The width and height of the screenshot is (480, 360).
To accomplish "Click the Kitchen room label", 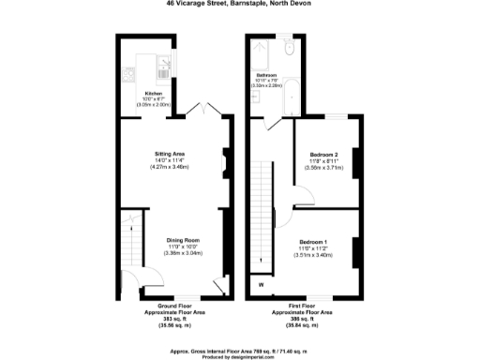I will pos(153,92).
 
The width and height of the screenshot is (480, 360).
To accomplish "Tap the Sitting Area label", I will pos(170,153).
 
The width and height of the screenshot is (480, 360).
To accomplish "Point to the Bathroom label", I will pos(266,74).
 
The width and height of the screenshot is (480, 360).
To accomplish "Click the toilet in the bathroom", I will pos(289,50).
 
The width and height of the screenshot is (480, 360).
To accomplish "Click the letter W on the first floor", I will pos(261,284).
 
